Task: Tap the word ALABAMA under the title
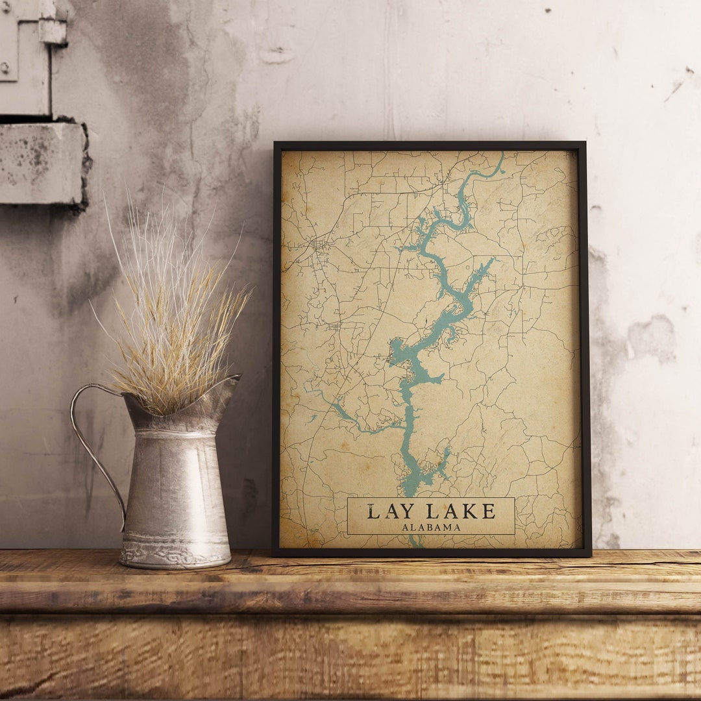coord(431,528)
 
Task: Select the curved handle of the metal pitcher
coord(91,441)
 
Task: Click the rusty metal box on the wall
coord(42,162)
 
